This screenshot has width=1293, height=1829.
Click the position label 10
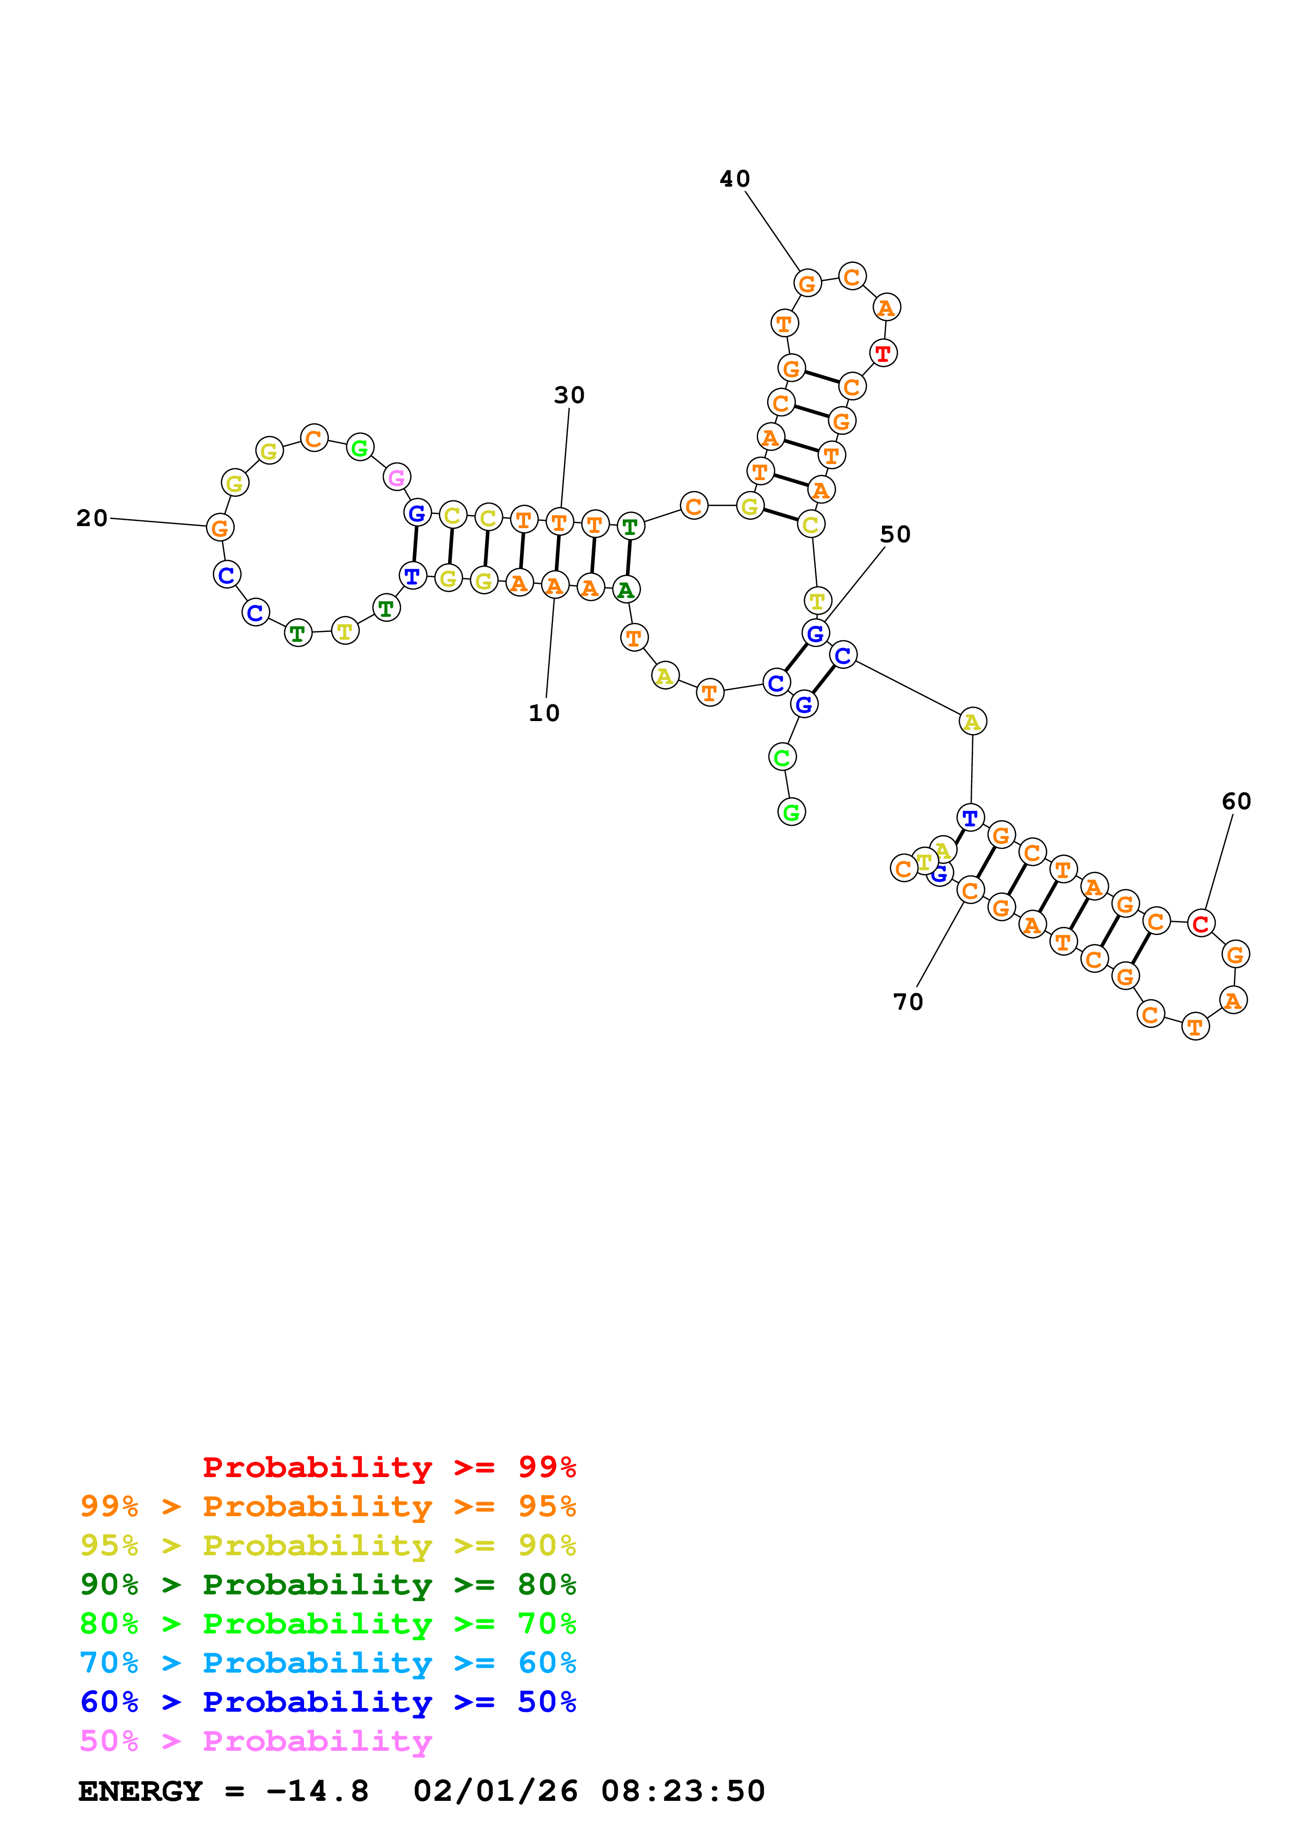pos(544,713)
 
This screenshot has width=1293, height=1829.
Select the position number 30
pos(569,395)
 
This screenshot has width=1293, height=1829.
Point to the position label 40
pos(734,179)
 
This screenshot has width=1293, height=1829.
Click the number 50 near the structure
pos(895,534)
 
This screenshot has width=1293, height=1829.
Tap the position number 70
pos(908,1002)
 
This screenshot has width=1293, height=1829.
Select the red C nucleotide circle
pos(1201,923)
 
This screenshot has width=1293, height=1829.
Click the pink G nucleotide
pos(397,477)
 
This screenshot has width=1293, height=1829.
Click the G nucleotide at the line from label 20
pos(220,527)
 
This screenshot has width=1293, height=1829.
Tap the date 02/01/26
pos(496,1791)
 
